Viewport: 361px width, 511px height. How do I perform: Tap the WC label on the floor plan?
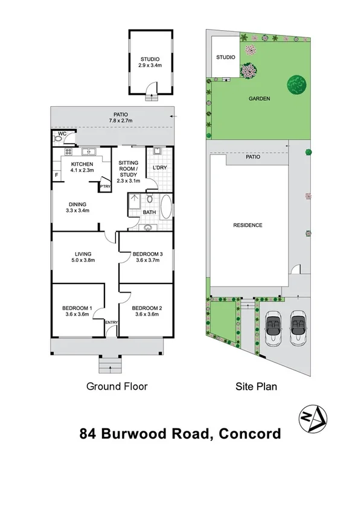click(x=61, y=134)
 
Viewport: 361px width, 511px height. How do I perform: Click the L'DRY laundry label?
click(x=159, y=167)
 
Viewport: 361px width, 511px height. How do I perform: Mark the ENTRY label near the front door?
click(x=112, y=323)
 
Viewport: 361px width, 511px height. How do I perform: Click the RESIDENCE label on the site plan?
click(x=248, y=225)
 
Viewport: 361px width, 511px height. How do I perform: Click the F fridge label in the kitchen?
click(x=57, y=176)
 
